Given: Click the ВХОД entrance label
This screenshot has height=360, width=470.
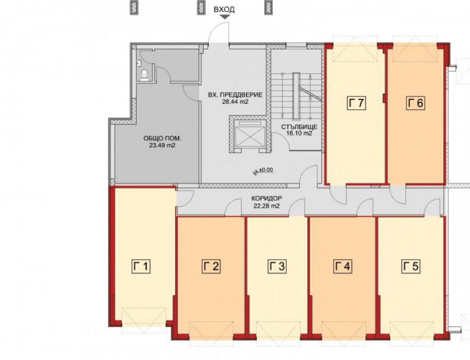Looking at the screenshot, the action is [224, 9].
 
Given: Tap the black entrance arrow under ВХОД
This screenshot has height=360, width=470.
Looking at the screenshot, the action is [224, 17].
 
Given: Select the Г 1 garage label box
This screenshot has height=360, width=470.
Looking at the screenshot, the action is [141, 266].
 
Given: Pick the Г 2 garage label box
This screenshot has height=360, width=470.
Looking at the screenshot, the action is [211, 266].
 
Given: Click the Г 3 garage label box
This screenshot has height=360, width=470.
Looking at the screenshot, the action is [277, 266].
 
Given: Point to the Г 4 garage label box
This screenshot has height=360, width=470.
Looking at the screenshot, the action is [343, 266].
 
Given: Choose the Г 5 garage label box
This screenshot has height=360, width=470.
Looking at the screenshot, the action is [410, 266].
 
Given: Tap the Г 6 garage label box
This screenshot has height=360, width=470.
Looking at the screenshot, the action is [416, 103].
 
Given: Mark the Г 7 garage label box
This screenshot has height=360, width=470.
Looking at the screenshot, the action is [357, 103].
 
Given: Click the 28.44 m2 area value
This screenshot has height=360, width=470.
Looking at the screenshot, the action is [236, 102].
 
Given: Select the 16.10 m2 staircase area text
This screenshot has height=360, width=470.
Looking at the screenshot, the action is [299, 133].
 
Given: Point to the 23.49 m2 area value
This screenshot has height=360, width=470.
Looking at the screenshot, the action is [162, 145].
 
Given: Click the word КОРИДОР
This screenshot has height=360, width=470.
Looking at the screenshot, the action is [267, 199].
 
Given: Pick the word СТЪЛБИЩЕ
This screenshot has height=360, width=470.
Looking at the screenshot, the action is [299, 126].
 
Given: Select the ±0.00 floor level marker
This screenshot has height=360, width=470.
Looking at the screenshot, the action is [264, 170].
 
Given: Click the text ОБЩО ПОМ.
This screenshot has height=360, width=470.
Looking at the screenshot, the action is [162, 138].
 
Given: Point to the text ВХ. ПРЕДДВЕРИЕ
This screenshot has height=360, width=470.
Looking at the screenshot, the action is [236, 95].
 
